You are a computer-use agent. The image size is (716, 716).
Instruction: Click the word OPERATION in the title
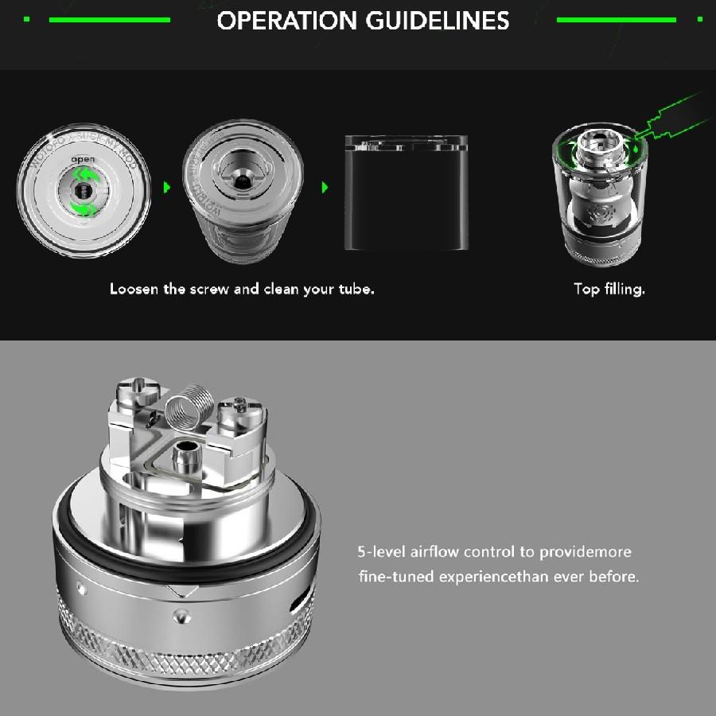tap(287, 21)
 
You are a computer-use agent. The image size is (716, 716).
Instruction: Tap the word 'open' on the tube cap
tap(83, 160)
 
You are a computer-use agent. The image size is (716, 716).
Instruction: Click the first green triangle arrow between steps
tap(167, 188)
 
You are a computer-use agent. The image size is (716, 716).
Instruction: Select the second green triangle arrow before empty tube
tap(324, 188)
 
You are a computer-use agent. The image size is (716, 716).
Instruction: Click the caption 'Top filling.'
tap(609, 289)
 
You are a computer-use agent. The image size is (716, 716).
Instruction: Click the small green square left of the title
tap(26, 19)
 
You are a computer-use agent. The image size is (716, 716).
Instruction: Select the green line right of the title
tap(616, 19)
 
